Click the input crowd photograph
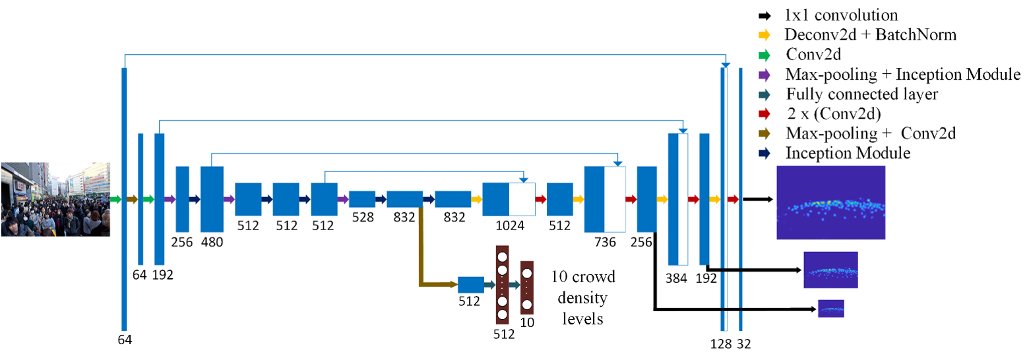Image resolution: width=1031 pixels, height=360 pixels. click(x=55, y=199)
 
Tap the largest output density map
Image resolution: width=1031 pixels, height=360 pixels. click(x=830, y=202)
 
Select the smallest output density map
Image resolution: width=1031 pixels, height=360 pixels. click(x=830, y=309)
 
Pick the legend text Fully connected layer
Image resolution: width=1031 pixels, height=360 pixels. click(x=862, y=94)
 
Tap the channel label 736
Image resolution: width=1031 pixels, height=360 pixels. click(x=605, y=241)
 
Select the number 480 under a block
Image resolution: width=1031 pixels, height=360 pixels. click(x=212, y=241)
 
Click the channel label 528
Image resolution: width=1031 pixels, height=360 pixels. click(x=361, y=217)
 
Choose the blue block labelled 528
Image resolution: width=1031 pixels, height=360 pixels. click(x=361, y=198)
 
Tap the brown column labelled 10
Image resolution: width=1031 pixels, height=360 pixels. click(x=526, y=287)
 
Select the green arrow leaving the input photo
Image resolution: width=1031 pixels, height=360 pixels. click(x=115, y=199)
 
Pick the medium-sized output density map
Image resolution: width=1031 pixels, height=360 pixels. click(x=830, y=270)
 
